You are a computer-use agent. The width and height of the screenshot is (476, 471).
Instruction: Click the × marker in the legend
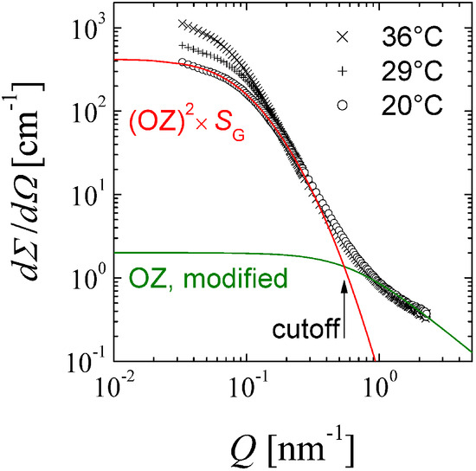(x=344, y=37)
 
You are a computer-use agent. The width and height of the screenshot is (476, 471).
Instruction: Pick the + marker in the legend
(x=344, y=71)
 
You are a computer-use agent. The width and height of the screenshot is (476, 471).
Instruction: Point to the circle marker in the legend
(x=344, y=105)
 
